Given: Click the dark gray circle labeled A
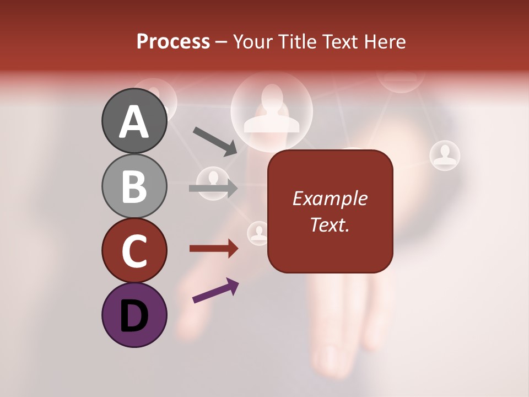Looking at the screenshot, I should [134, 121].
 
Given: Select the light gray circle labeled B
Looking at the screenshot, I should [134, 186].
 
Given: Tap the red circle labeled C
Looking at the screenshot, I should [134, 250].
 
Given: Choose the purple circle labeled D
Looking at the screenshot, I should [134, 315].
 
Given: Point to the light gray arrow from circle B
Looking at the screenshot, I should [213, 189].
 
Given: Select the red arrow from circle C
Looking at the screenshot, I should [214, 249].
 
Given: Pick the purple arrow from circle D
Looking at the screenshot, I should [215, 291].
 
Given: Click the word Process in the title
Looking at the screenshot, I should [173, 41].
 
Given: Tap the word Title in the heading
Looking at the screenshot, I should [296, 41].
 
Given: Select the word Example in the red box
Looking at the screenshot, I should [330, 198].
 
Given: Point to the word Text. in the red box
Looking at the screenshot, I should [330, 224].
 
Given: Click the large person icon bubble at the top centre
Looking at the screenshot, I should [272, 110].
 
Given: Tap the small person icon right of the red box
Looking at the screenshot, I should [444, 155].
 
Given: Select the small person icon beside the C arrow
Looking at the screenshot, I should [258, 233].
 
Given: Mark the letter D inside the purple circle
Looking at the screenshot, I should [134, 316].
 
